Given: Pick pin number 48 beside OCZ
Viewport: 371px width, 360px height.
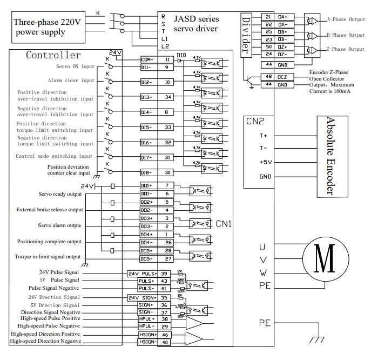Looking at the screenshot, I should (268, 77).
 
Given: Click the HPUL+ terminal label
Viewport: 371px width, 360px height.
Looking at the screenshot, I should (146, 319).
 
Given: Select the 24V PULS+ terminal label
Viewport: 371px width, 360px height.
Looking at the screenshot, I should (143, 274).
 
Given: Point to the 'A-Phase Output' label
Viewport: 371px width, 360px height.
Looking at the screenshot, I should (346, 19).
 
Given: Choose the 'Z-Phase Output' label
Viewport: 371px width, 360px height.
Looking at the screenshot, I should (346, 49).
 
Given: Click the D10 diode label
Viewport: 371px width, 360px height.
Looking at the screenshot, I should (181, 55).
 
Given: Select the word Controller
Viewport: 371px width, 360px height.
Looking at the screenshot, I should (53, 55).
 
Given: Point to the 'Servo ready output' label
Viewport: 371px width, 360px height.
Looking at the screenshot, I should (60, 194).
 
